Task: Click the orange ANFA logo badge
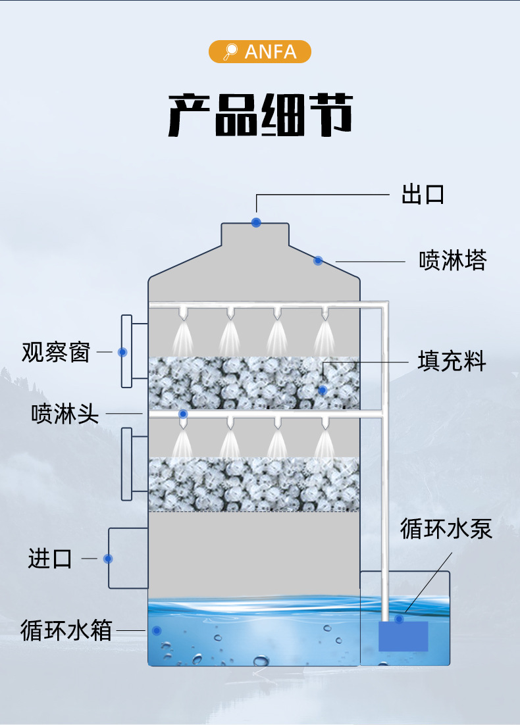pos(259,52)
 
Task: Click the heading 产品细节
pos(259,114)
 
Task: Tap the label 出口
pos(423,195)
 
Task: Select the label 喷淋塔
pos(453,261)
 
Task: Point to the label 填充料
pos(452,361)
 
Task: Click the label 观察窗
pos(55,352)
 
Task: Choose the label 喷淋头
pos(65,414)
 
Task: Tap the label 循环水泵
pos(446,529)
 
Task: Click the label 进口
pos(50,559)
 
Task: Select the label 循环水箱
pos(66,630)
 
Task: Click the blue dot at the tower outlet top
pos(256,222)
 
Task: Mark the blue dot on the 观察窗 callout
pos(122,352)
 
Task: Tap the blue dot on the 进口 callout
pos(108,559)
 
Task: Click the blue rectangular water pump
pos(403,636)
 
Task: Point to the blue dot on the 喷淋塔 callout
pos(318,261)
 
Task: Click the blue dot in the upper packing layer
pos(323,390)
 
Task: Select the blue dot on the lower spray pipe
pos(183,414)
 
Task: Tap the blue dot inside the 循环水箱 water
pos(157,630)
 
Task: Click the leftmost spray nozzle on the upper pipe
pos(183,313)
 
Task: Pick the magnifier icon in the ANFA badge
pos(230,52)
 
